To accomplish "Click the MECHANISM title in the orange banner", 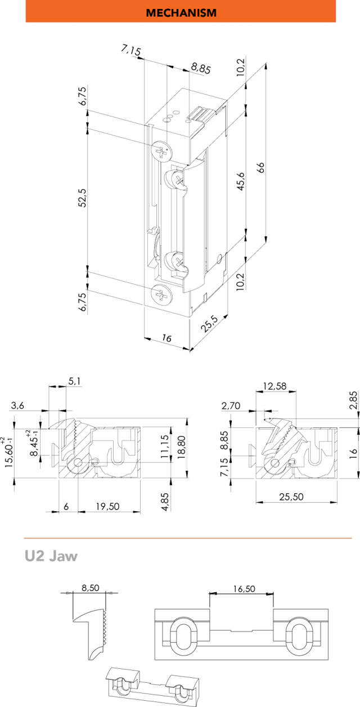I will tap(181, 12).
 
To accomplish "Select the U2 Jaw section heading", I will tap(51, 556).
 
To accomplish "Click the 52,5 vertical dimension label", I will tap(82, 199).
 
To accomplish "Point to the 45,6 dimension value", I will tap(241, 182).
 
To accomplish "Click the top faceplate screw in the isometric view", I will tap(162, 151).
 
